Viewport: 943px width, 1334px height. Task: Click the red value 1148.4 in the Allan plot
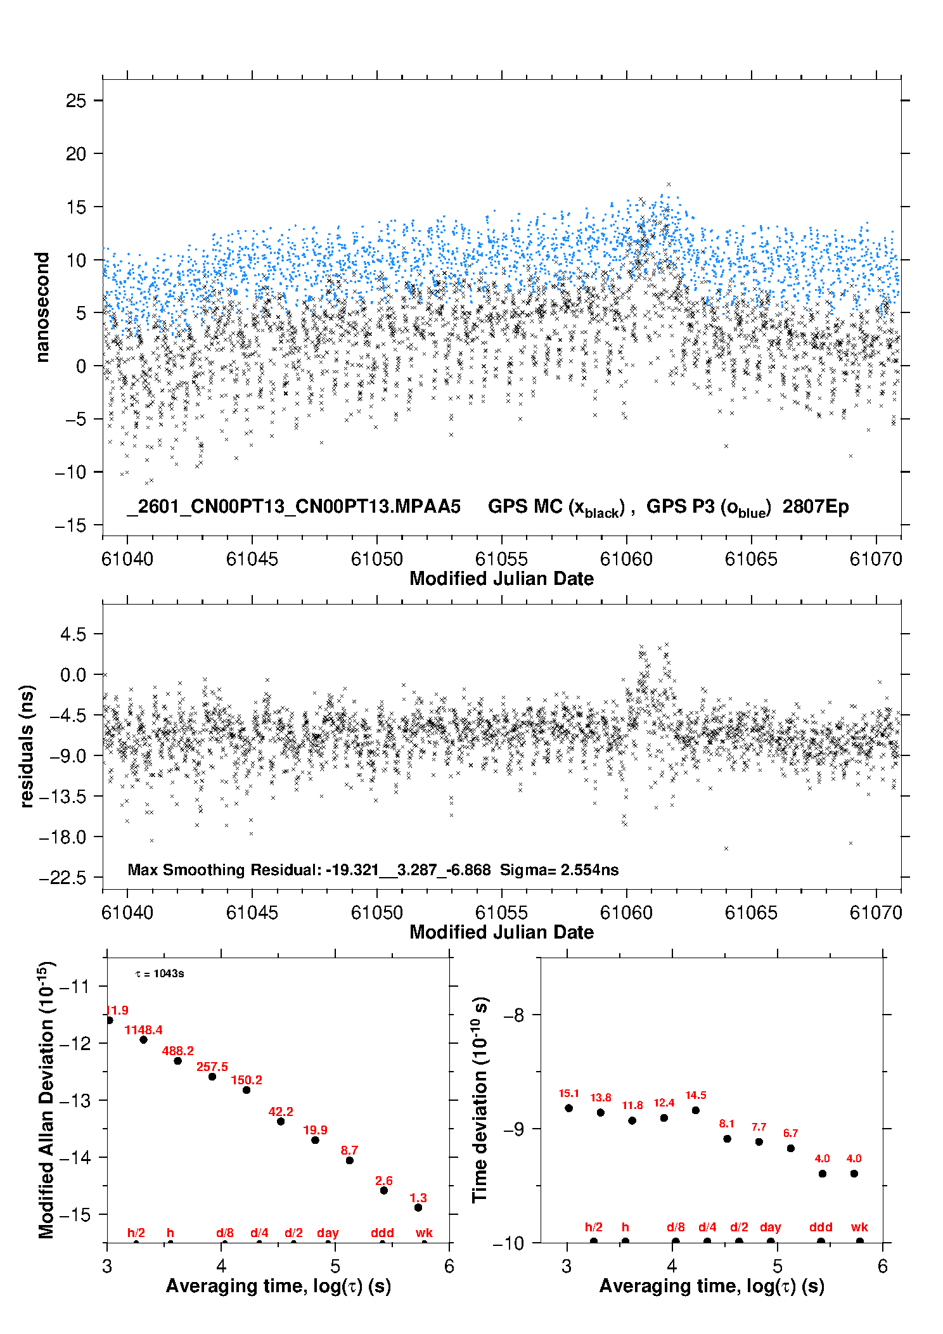point(143,1030)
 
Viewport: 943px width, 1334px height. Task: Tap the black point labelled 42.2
point(281,1121)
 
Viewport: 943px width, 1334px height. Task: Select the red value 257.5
point(212,1067)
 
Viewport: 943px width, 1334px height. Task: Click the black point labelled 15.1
point(568,1108)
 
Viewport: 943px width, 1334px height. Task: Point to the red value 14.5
point(695,1095)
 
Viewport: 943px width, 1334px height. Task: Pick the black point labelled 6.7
point(790,1148)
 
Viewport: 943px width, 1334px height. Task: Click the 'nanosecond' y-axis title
point(42,307)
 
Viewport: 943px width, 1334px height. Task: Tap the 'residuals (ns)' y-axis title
point(27,746)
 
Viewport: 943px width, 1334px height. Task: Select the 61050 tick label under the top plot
point(376,559)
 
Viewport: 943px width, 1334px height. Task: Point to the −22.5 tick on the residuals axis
point(62,878)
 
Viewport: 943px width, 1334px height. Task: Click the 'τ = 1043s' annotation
point(160,973)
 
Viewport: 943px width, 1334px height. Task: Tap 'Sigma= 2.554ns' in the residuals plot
point(559,869)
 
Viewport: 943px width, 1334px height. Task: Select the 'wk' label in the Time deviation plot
point(859,1227)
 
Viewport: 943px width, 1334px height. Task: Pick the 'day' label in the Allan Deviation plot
point(328,1233)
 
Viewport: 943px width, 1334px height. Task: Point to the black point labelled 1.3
point(418,1207)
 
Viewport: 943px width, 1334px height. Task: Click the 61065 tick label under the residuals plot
point(750,913)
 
